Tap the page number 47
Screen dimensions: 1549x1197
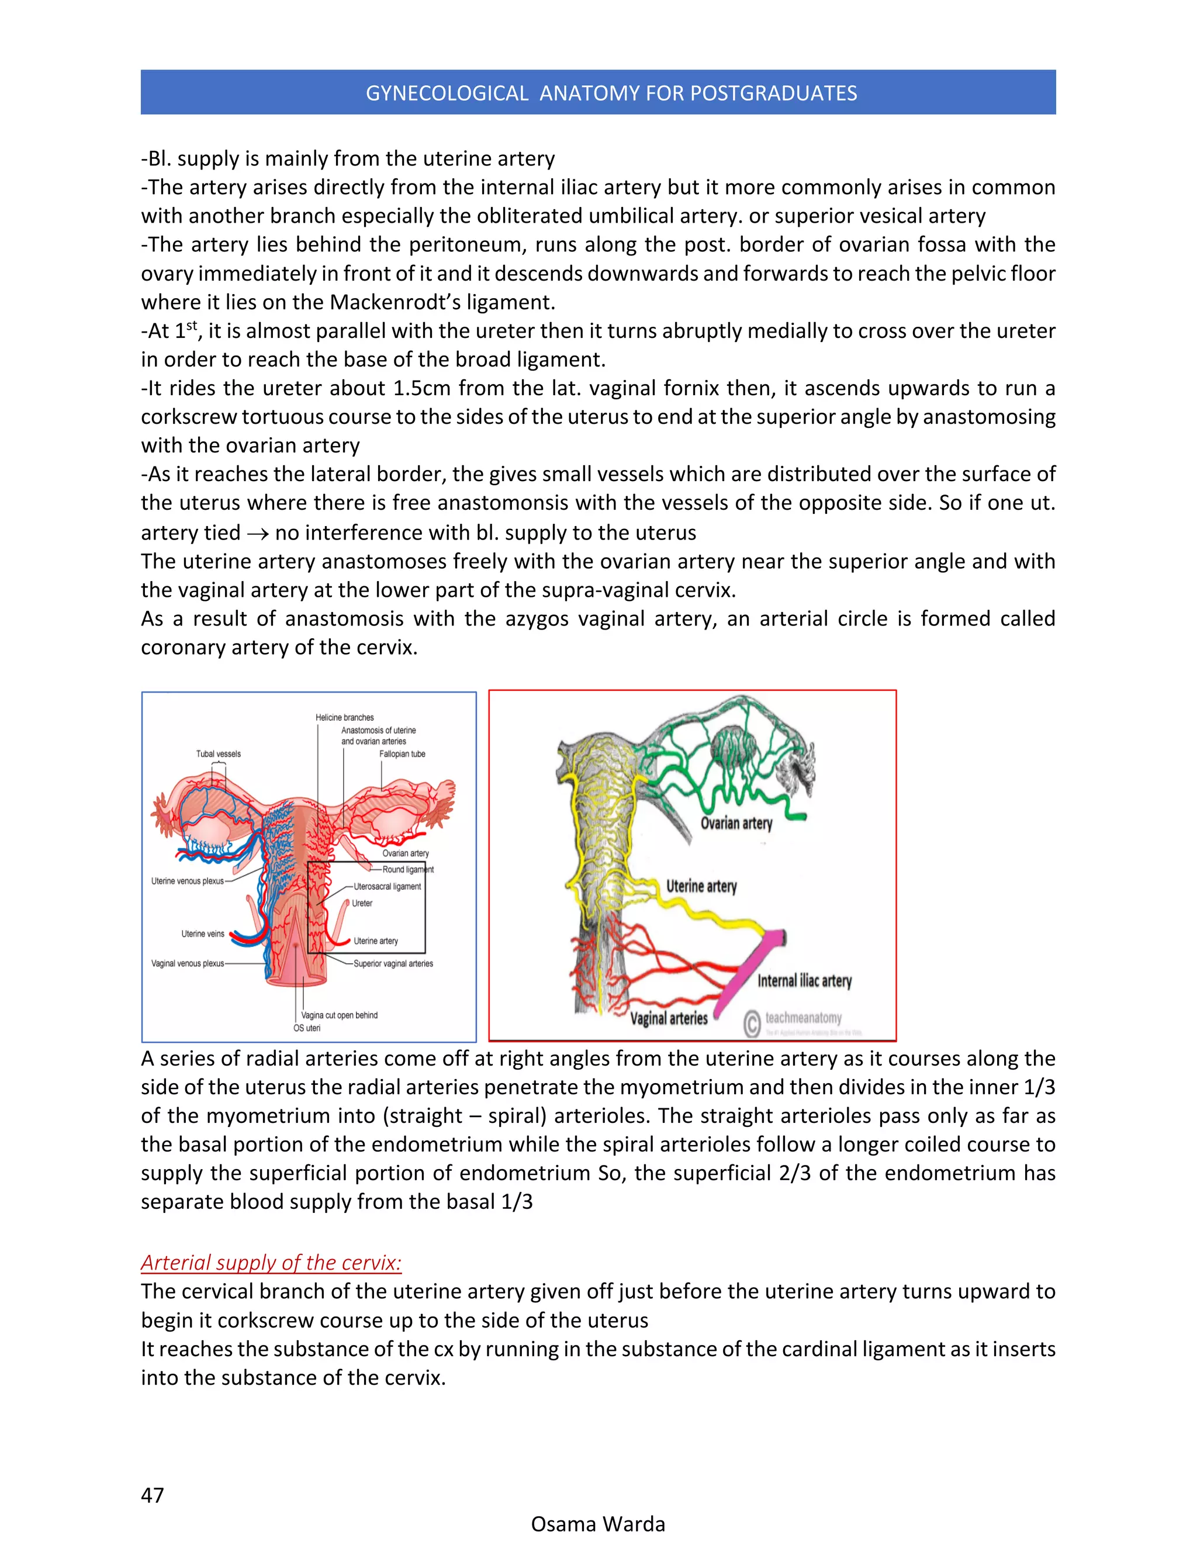point(153,1495)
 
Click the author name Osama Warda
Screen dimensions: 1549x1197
point(598,1524)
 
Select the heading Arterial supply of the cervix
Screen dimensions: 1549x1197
point(271,1263)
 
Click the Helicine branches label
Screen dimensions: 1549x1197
point(345,718)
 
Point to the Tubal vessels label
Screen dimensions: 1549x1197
point(219,754)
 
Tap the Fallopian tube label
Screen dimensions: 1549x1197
point(402,754)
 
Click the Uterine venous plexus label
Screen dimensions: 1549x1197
point(187,881)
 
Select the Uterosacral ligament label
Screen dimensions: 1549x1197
point(387,887)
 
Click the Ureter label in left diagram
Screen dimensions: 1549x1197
point(362,904)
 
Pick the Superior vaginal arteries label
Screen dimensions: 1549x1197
point(393,964)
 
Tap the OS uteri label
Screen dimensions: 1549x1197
point(307,1028)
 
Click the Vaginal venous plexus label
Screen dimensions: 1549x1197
point(187,964)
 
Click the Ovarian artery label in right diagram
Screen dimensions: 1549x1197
point(736,824)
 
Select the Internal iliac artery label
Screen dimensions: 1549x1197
point(804,981)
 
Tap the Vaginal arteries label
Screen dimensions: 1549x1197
point(669,1018)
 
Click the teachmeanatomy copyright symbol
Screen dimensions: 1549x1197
point(752,1024)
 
